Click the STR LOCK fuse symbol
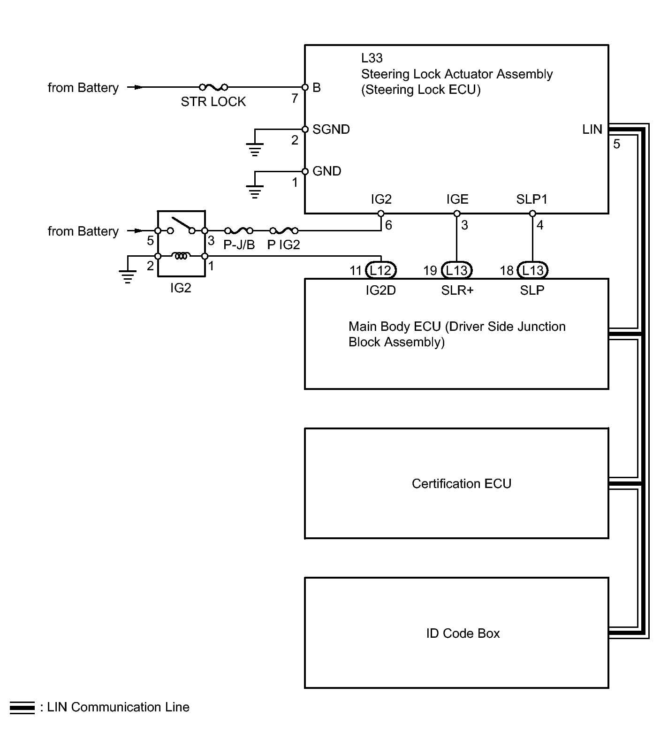[213, 87]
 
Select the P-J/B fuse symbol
[239, 231]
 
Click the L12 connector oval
[380, 270]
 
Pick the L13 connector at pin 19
[456, 270]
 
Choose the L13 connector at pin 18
[532, 270]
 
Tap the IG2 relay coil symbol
[181, 256]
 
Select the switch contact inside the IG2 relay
[181, 225]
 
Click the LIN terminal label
[592, 130]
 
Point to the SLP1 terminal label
[531, 199]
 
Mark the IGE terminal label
[457, 199]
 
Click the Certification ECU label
[461, 484]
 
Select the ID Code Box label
[463, 634]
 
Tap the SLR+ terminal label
[457, 290]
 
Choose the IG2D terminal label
[380, 290]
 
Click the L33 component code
[372, 58]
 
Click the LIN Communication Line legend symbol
[22, 708]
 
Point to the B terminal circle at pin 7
[305, 87]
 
